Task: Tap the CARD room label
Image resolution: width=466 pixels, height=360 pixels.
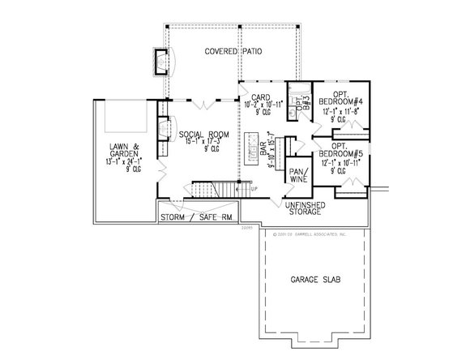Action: click(260, 96)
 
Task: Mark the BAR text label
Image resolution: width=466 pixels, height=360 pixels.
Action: click(263, 149)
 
